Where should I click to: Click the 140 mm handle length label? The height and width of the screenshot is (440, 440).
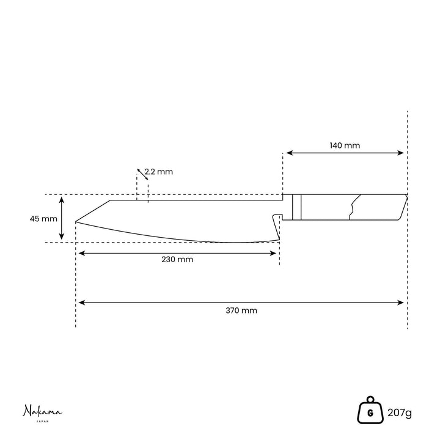tap(345, 145)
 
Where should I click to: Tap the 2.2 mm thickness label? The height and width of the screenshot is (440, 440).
tap(158, 172)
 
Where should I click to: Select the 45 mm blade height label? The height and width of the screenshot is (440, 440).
tap(43, 219)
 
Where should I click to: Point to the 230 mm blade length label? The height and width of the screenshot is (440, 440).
tap(177, 259)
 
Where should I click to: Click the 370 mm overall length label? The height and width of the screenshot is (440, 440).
tap(241, 310)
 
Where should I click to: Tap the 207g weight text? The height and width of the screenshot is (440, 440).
tap(400, 413)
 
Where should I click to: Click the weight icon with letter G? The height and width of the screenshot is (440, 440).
tap(370, 410)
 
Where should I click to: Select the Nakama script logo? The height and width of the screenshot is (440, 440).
tap(42, 411)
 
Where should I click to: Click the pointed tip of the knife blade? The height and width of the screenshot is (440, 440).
tap(76, 222)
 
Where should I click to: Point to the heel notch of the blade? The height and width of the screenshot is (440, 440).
tap(277, 217)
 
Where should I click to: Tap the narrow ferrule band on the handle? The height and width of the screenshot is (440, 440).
tap(296, 207)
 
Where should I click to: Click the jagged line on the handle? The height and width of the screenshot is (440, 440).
tap(354, 207)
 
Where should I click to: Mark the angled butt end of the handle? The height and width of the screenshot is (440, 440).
tap(403, 207)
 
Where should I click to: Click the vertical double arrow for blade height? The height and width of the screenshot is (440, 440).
tap(62, 218)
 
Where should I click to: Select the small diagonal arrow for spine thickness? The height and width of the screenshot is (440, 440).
tap(142, 174)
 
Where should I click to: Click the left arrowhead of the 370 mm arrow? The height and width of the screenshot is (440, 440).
tap(81, 302)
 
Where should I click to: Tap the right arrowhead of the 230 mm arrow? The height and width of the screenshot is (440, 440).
tap(273, 254)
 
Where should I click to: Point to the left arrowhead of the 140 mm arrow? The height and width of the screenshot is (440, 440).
tap(289, 153)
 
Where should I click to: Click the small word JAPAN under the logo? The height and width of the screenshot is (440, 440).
tap(43, 421)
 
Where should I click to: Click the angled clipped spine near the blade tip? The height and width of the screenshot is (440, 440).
tap(93, 211)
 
